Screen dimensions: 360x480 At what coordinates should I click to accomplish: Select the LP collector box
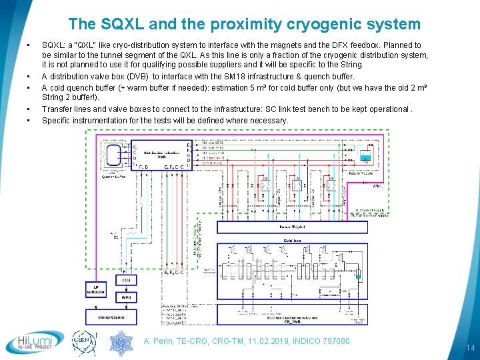click(x=95, y=289)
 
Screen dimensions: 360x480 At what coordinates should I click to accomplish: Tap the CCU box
click(x=125, y=280)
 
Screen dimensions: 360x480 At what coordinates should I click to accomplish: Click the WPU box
click(x=125, y=297)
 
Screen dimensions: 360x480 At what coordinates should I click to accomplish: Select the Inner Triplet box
click(x=291, y=227)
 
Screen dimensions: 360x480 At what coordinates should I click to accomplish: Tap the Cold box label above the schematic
click(x=292, y=240)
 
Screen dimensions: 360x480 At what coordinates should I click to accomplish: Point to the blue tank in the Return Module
click(x=364, y=158)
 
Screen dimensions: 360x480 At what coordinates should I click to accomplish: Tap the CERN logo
click(x=85, y=342)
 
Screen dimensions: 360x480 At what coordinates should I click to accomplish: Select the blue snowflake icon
click(x=121, y=342)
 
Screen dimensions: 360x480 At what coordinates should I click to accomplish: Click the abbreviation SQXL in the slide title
click(x=118, y=25)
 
